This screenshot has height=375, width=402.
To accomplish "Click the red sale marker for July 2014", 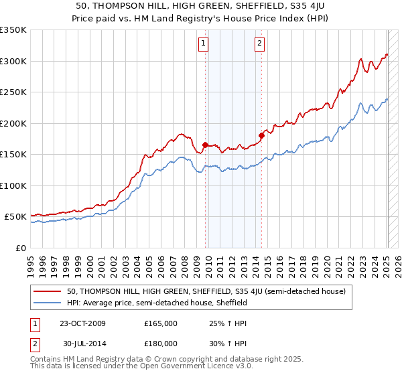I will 261,135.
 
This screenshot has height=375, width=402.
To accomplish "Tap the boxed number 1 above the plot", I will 203,44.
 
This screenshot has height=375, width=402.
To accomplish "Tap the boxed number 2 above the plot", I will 259,44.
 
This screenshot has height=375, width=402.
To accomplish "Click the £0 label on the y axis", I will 20,248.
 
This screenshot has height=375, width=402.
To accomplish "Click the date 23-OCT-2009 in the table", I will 82,323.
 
